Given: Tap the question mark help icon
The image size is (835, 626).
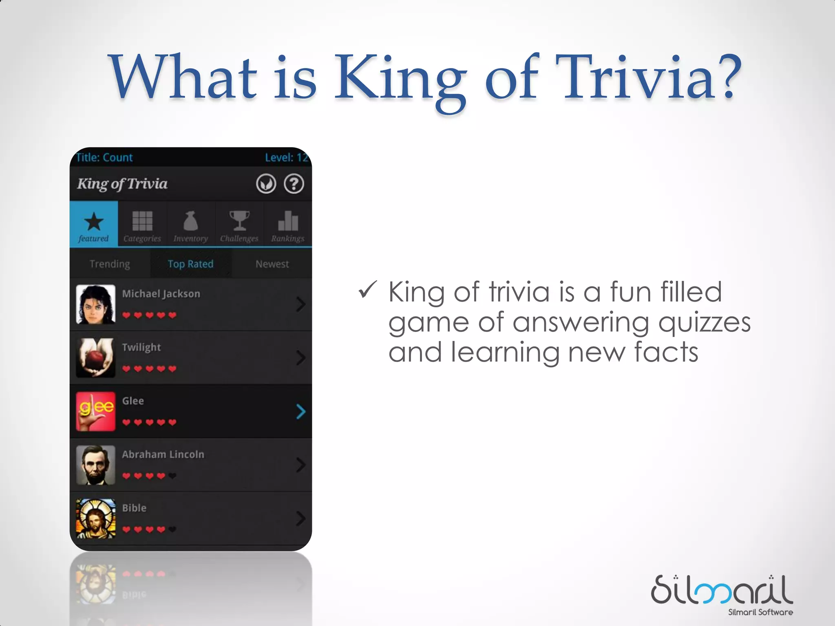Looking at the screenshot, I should [x=294, y=184].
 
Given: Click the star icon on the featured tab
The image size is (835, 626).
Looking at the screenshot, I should [x=94, y=221].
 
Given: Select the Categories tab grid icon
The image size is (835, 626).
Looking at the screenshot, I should [x=142, y=221].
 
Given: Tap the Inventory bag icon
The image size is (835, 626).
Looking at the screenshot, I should [x=190, y=221].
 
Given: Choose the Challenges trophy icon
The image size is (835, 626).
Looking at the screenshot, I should [x=239, y=220].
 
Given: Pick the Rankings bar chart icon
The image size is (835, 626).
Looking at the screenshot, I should [x=288, y=221].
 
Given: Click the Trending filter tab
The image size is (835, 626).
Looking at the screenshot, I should [x=110, y=264].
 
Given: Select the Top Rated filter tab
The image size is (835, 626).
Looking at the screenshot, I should [x=190, y=264].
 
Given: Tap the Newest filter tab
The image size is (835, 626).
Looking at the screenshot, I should [x=272, y=264].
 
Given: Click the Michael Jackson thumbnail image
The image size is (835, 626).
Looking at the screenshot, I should [x=95, y=304].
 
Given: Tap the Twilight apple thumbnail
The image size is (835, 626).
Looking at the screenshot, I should [x=95, y=358].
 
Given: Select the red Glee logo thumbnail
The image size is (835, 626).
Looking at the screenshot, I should [x=95, y=411].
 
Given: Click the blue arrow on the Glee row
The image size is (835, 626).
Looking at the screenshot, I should [x=301, y=412].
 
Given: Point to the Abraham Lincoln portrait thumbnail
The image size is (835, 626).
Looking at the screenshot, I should [x=95, y=465].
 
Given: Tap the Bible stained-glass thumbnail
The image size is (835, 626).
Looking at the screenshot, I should [x=95, y=518].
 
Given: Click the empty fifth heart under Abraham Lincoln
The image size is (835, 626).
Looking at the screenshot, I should [x=172, y=476].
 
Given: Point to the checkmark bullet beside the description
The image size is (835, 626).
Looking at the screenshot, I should [x=367, y=290].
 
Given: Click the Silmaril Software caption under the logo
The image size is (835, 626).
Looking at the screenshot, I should [x=760, y=612].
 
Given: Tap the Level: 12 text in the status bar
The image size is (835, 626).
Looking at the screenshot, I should [x=286, y=157].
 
